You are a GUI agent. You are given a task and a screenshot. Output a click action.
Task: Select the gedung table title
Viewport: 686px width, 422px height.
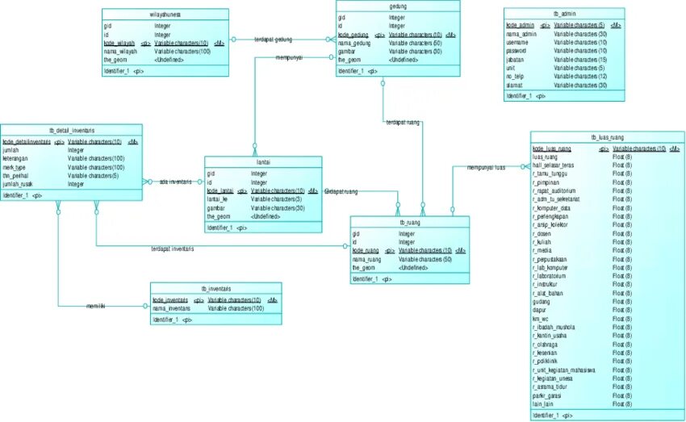tap(397, 6)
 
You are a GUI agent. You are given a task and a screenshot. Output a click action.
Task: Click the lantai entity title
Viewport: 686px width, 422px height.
tap(262, 162)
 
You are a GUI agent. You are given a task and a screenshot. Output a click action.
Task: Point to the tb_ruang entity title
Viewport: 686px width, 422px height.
tap(408, 223)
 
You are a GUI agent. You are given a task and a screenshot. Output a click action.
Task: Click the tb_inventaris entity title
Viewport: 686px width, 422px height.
tap(215, 288)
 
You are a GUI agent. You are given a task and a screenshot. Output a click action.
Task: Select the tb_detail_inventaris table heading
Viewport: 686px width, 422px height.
tap(71, 130)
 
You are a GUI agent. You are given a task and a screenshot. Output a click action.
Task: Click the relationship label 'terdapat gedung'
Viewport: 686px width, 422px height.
tap(273, 39)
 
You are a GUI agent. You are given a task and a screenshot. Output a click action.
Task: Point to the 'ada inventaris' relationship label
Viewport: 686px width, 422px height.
tap(175, 182)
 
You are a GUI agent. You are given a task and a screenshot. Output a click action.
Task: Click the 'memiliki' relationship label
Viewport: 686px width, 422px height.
tap(96, 307)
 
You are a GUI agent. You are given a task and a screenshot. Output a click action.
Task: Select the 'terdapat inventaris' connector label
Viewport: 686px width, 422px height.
tap(172, 249)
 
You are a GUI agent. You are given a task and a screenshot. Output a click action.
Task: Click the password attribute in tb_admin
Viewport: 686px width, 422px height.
tap(516, 51)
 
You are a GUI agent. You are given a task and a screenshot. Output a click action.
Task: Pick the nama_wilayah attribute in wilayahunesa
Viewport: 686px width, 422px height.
tap(122, 51)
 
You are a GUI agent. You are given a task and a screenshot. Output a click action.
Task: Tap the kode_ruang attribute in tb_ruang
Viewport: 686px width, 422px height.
tap(366, 250)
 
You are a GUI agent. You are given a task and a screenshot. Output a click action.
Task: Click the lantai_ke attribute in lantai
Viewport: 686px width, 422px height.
tap(223, 198)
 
